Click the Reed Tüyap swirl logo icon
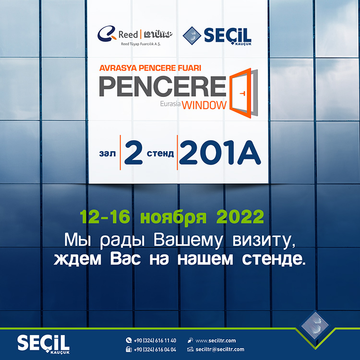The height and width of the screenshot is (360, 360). point(107,34)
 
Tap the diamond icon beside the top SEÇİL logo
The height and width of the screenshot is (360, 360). point(192,36)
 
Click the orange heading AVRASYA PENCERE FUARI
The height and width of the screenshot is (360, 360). point(150,68)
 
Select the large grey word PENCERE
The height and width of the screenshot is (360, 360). point(163,86)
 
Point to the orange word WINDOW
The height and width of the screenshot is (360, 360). point(204,106)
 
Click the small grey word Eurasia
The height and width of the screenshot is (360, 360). point(170,104)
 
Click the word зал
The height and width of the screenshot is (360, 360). point(108,154)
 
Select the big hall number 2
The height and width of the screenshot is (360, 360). point(133,153)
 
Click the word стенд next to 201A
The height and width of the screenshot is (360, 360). point(160,154)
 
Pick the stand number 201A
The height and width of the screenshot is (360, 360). point(220,153)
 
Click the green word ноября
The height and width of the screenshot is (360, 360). point(173,217)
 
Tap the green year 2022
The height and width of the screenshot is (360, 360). point(240,217)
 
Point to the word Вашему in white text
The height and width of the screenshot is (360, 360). point(188,240)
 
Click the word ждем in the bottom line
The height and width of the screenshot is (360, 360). point(77,259)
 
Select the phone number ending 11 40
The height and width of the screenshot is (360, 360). point(155,340)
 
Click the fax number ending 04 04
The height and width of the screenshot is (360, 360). point(155,349)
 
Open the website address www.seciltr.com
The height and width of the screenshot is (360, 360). point(216,340)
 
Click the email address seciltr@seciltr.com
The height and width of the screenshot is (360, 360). point(220,349)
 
